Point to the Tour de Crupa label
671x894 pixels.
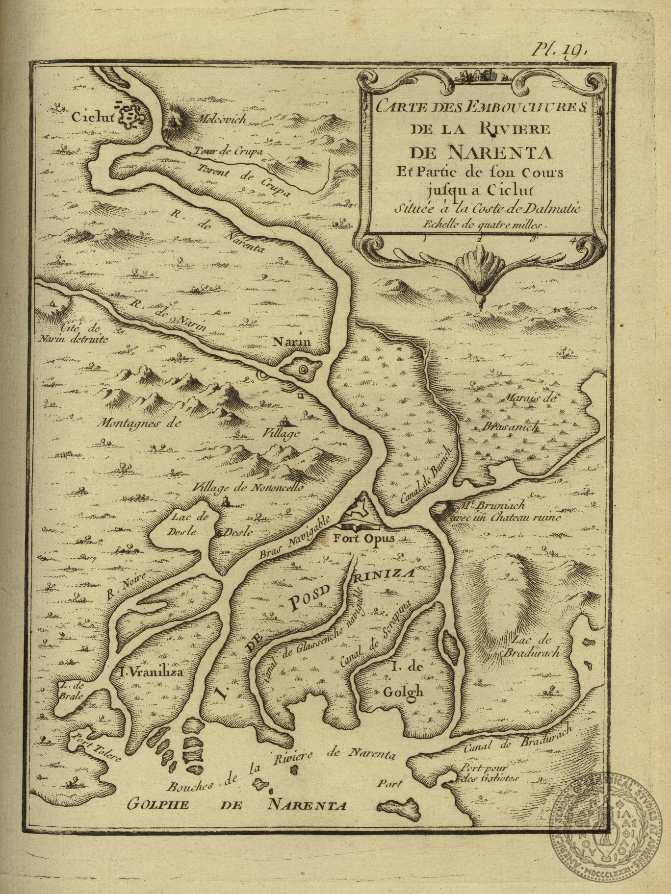tap(229, 152)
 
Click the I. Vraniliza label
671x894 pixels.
tap(152, 672)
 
